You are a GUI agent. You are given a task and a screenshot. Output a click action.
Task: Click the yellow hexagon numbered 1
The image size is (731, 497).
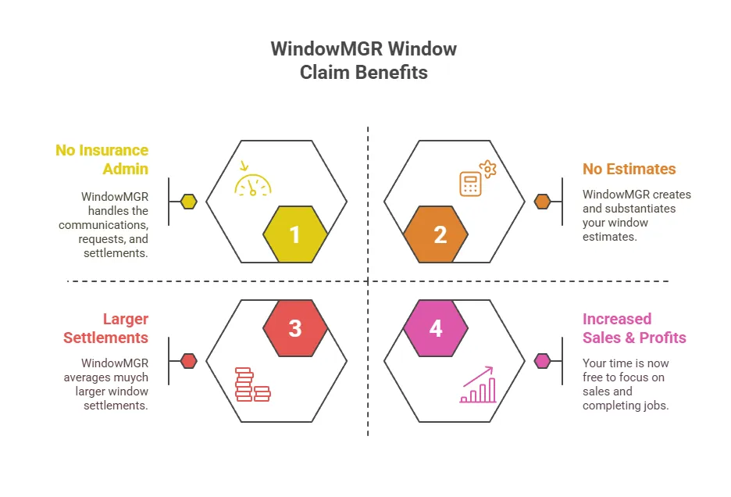[x=295, y=234]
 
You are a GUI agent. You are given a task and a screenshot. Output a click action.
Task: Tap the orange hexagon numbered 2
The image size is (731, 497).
[x=436, y=234]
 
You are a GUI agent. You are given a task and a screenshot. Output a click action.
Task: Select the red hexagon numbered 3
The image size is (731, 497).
[x=295, y=328]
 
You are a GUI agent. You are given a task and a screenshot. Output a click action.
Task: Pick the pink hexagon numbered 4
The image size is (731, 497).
[x=436, y=328]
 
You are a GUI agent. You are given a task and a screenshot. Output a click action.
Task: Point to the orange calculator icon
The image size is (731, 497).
[x=470, y=184]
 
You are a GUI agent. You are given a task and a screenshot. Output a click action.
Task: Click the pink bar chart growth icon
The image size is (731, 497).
[x=478, y=384]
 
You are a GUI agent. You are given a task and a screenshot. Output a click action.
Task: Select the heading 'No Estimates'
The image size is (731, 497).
[x=629, y=169]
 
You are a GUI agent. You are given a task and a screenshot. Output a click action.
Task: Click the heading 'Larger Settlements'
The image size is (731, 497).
[x=106, y=328]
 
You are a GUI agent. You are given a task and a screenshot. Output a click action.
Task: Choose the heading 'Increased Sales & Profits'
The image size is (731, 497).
[x=634, y=328]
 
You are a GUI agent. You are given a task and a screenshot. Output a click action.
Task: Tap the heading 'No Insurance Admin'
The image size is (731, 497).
[x=102, y=159]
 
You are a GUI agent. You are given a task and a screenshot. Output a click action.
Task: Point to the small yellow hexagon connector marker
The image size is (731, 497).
[x=188, y=202]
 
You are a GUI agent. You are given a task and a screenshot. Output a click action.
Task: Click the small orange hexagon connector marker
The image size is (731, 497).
[x=543, y=202]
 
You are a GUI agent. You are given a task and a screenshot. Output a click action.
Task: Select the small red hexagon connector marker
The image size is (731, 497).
[x=188, y=361]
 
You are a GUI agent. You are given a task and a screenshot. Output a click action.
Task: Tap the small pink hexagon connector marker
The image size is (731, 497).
[x=543, y=361]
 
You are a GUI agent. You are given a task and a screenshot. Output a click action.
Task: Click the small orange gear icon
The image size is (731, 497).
[x=487, y=169]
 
